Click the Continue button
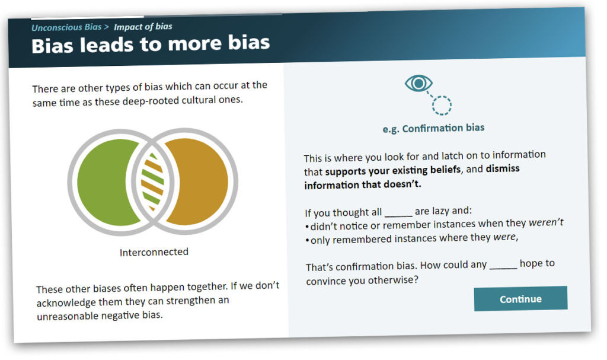pyautogui.click(x=520, y=298)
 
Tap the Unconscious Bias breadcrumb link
pyautogui.click(x=66, y=27)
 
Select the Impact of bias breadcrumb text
pyautogui.click(x=143, y=26)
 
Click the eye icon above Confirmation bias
pyautogui.click(x=418, y=83)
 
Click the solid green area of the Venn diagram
pyautogui.click(x=104, y=182)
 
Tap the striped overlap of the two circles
pyautogui.click(x=152, y=181)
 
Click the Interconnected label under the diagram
pyautogui.click(x=154, y=252)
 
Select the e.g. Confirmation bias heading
pyautogui.click(x=433, y=128)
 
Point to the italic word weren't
pyautogui.click(x=546, y=222)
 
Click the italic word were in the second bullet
pyautogui.click(x=504, y=237)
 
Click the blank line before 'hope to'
pyautogui.click(x=503, y=267)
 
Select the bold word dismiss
pyautogui.click(x=503, y=168)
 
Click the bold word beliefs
pyautogui.click(x=446, y=170)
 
